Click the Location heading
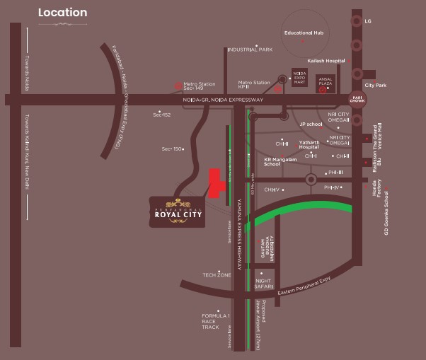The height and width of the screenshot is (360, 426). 62,13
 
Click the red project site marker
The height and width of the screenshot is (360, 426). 215,183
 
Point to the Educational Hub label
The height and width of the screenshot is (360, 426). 304,33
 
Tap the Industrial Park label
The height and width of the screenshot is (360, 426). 250,50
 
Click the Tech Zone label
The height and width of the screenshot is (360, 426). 217,274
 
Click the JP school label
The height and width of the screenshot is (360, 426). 311,124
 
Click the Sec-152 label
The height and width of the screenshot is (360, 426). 162,115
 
